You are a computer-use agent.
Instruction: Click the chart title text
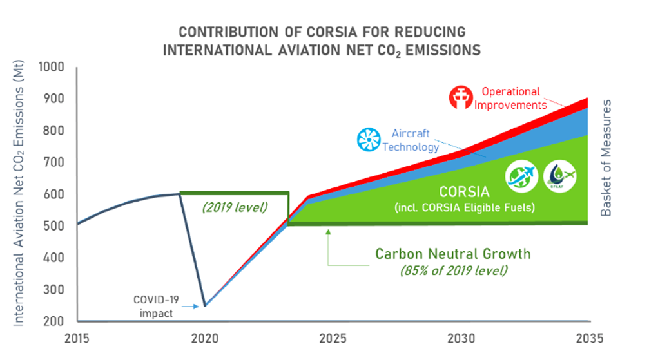(x=321, y=41)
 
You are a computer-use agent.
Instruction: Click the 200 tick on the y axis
(x=56, y=321)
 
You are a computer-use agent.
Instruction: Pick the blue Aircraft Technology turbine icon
(x=370, y=140)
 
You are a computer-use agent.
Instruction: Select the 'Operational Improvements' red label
(x=510, y=97)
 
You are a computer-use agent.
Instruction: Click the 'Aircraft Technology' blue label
(x=411, y=140)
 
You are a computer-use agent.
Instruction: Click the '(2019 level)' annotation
(x=233, y=208)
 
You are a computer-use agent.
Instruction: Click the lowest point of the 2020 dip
(x=205, y=306)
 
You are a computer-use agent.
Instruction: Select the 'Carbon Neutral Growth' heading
(x=453, y=254)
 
